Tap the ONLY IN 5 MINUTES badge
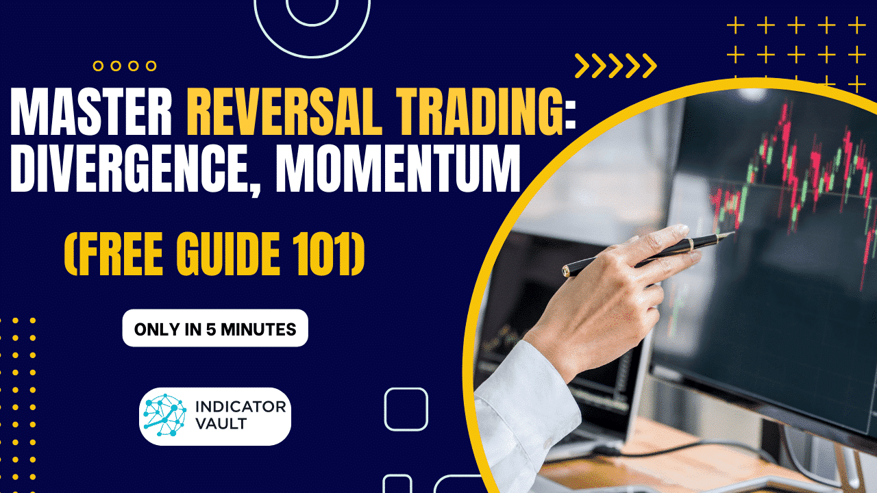tap(215, 329)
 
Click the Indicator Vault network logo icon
tap(164, 416)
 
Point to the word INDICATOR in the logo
tap(240, 407)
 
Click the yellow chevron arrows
tap(615, 66)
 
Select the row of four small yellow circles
tap(125, 66)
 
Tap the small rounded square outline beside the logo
tap(406, 409)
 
